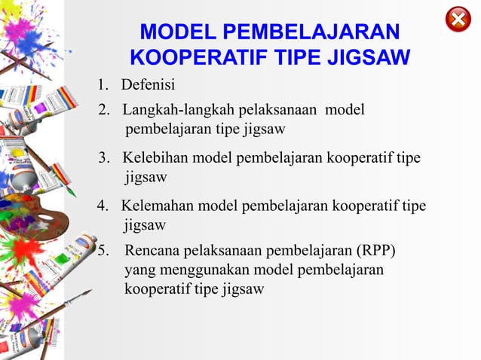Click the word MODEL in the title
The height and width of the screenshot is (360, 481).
click(x=174, y=32)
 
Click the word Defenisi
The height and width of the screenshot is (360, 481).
click(x=149, y=83)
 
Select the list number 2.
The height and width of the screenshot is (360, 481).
click(x=103, y=111)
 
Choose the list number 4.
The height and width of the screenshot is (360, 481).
click(x=103, y=205)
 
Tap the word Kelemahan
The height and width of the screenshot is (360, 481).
click(x=158, y=205)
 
